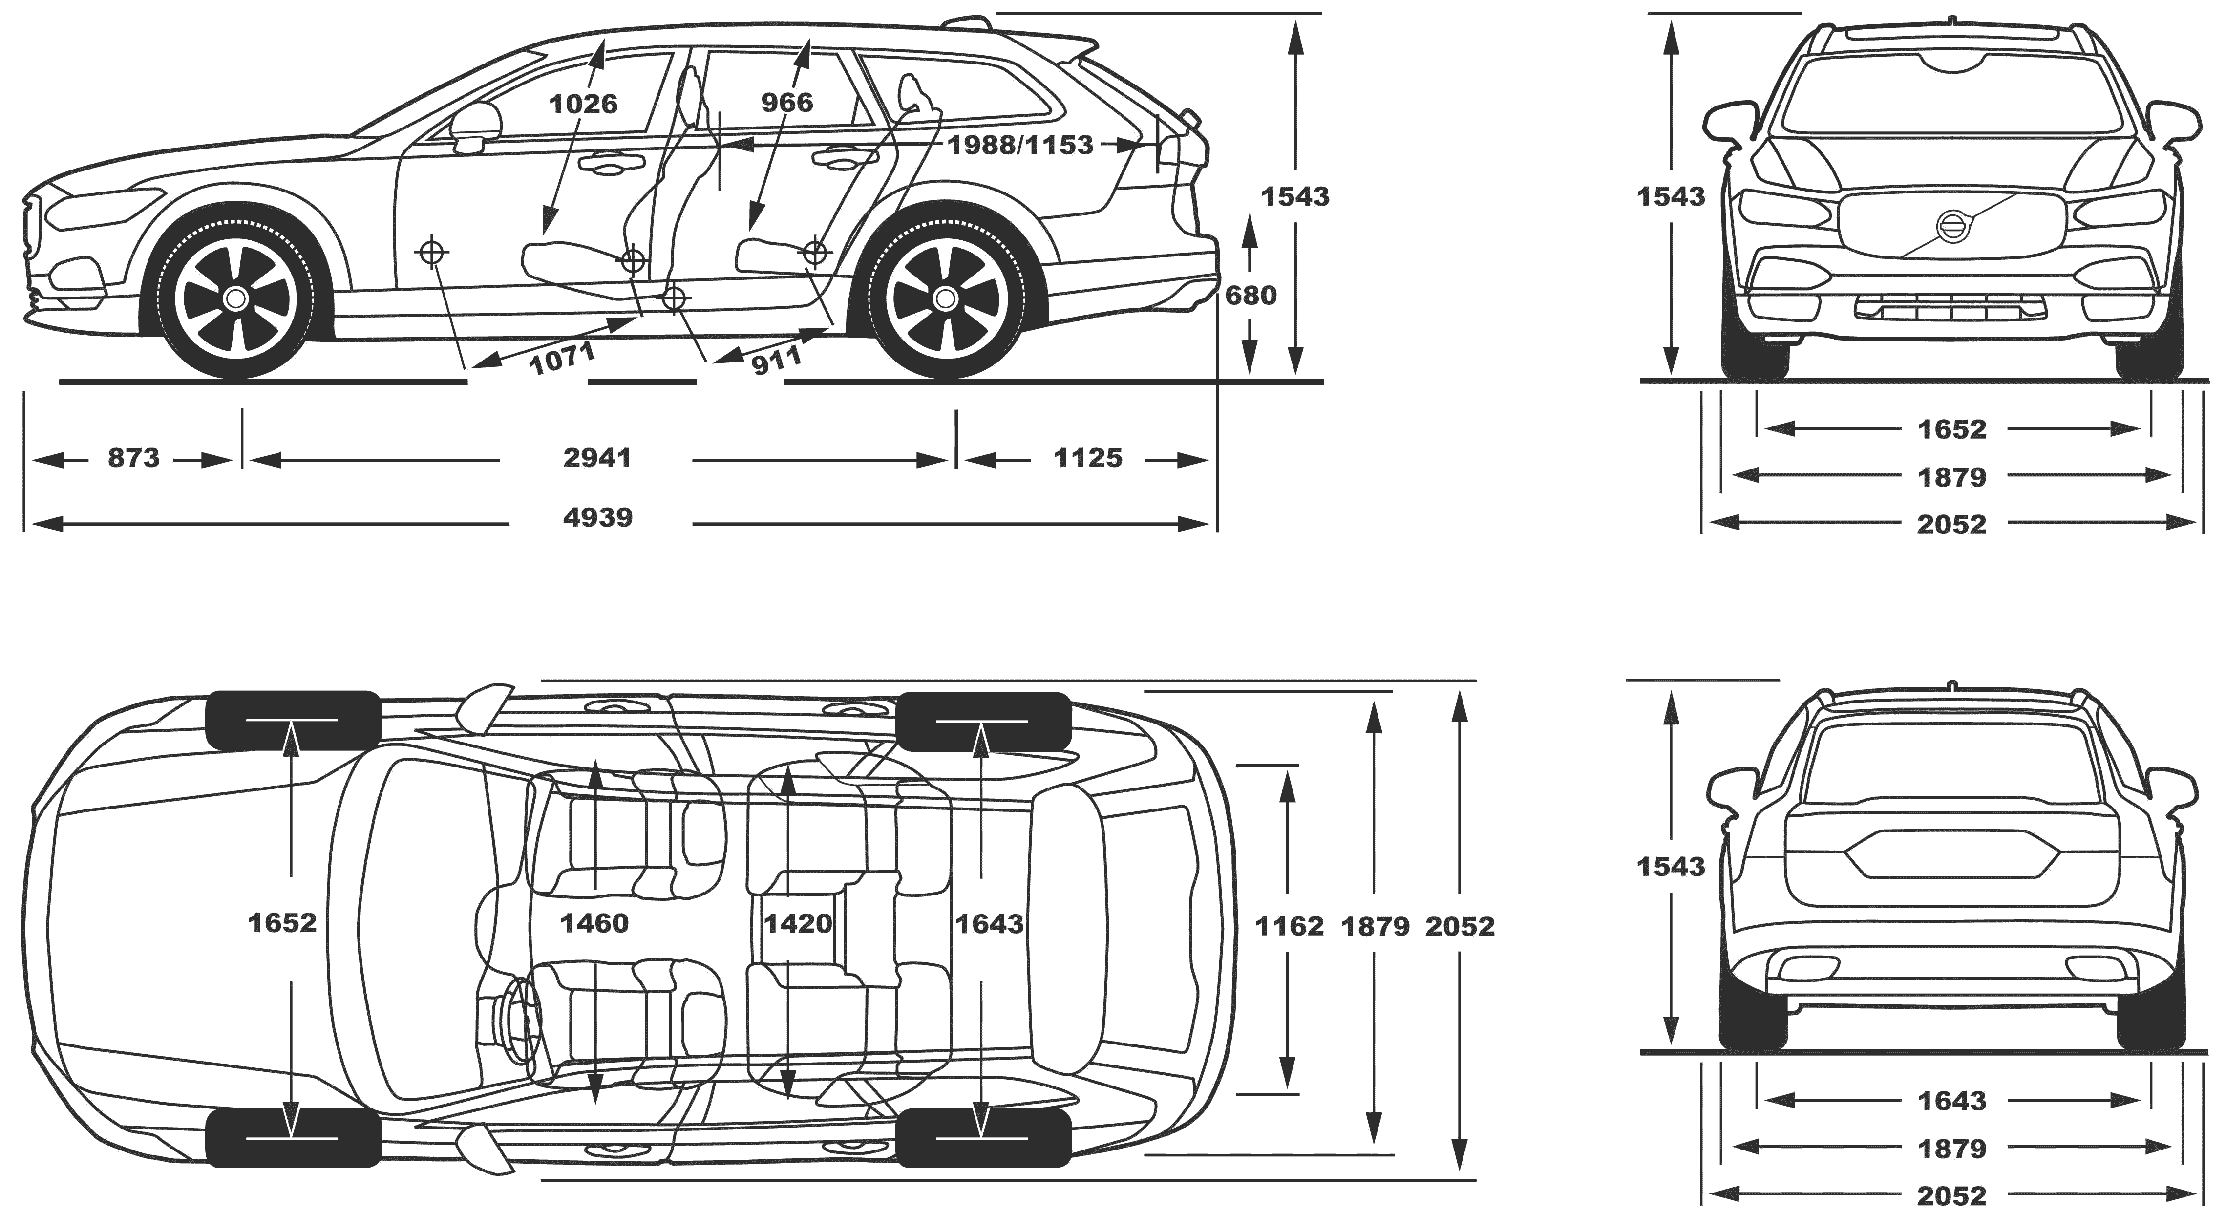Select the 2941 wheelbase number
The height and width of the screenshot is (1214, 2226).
(597, 457)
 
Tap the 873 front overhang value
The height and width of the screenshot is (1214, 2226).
(134, 457)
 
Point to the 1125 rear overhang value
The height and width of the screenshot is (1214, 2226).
(1088, 457)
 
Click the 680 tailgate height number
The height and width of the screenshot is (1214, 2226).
(1251, 296)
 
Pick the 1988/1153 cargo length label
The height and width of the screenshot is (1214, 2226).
(1020, 145)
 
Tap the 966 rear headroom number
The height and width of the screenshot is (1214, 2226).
(787, 103)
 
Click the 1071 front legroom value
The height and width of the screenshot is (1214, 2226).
(563, 358)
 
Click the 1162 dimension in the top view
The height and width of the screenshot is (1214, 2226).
(1289, 926)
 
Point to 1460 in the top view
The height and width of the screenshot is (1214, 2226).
(594, 924)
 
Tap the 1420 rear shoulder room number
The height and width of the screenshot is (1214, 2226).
(798, 924)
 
